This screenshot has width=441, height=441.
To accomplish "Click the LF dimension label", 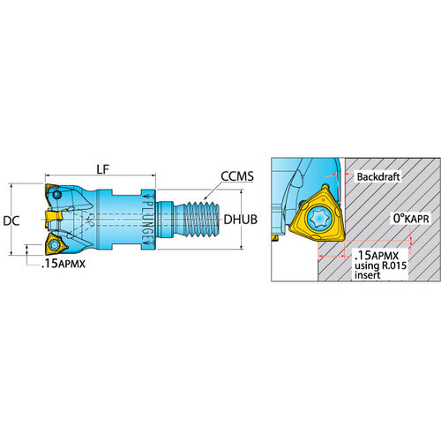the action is [102, 169].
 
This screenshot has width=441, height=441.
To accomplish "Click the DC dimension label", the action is [11, 221].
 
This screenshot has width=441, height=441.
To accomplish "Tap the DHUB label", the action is [241, 220].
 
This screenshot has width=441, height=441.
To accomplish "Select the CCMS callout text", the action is [237, 176].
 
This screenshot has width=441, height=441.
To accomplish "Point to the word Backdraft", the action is [378, 176].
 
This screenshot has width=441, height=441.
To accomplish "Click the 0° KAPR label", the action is [411, 219].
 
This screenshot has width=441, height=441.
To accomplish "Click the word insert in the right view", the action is [367, 275].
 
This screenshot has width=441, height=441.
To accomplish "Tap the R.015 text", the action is [394, 265].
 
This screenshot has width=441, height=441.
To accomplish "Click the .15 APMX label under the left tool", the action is [64, 264].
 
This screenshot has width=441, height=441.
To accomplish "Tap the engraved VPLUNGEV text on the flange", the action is [148, 220].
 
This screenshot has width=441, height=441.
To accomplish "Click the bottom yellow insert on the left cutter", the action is [55, 243].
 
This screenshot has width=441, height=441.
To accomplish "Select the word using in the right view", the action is [367, 265].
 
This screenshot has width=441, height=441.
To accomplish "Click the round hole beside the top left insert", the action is [56, 195].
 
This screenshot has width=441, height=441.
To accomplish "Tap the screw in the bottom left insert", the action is [54, 244].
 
